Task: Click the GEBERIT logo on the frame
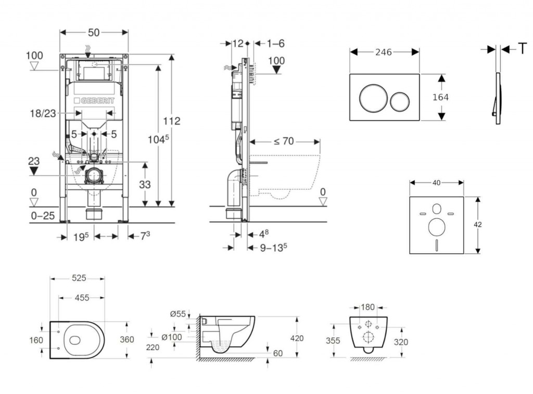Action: [94, 100]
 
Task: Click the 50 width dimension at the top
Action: [94, 32]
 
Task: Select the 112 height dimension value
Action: [171, 121]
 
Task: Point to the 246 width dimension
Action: [384, 51]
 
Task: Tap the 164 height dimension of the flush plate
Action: [440, 97]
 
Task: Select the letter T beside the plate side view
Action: [522, 49]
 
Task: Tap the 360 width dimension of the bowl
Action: [126, 339]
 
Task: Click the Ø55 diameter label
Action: [178, 314]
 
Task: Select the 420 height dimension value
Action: [297, 338]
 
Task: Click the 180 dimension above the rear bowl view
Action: [367, 307]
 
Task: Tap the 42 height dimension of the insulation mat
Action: [478, 225]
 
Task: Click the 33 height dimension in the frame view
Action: [145, 184]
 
